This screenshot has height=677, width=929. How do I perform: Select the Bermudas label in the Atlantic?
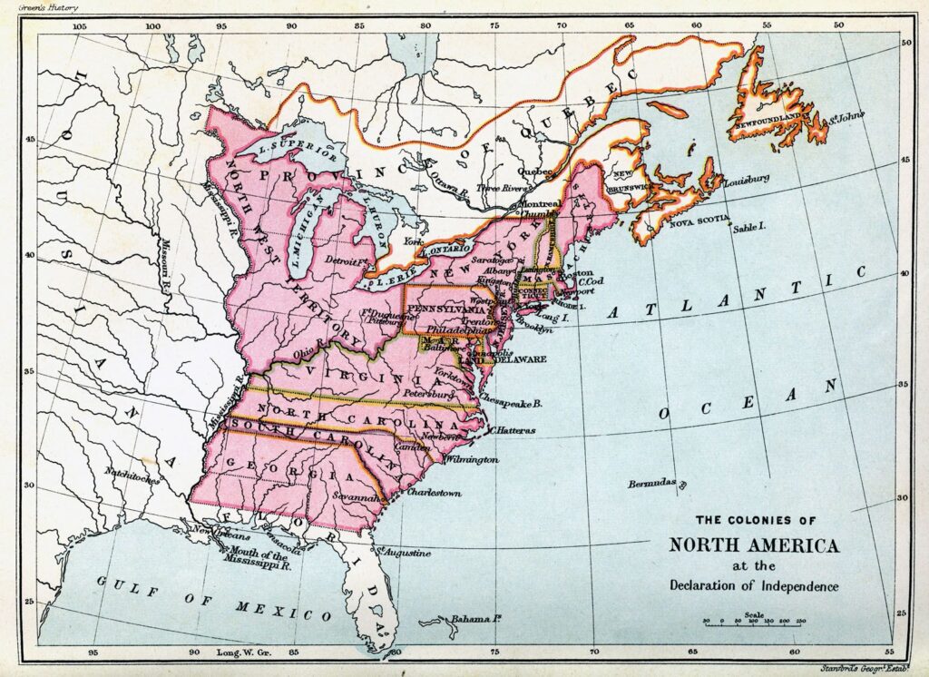(653, 484)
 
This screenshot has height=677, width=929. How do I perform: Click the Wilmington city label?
(472, 460)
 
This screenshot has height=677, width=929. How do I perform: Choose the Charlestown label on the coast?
(435, 493)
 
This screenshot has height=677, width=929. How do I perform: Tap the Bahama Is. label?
(478, 619)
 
